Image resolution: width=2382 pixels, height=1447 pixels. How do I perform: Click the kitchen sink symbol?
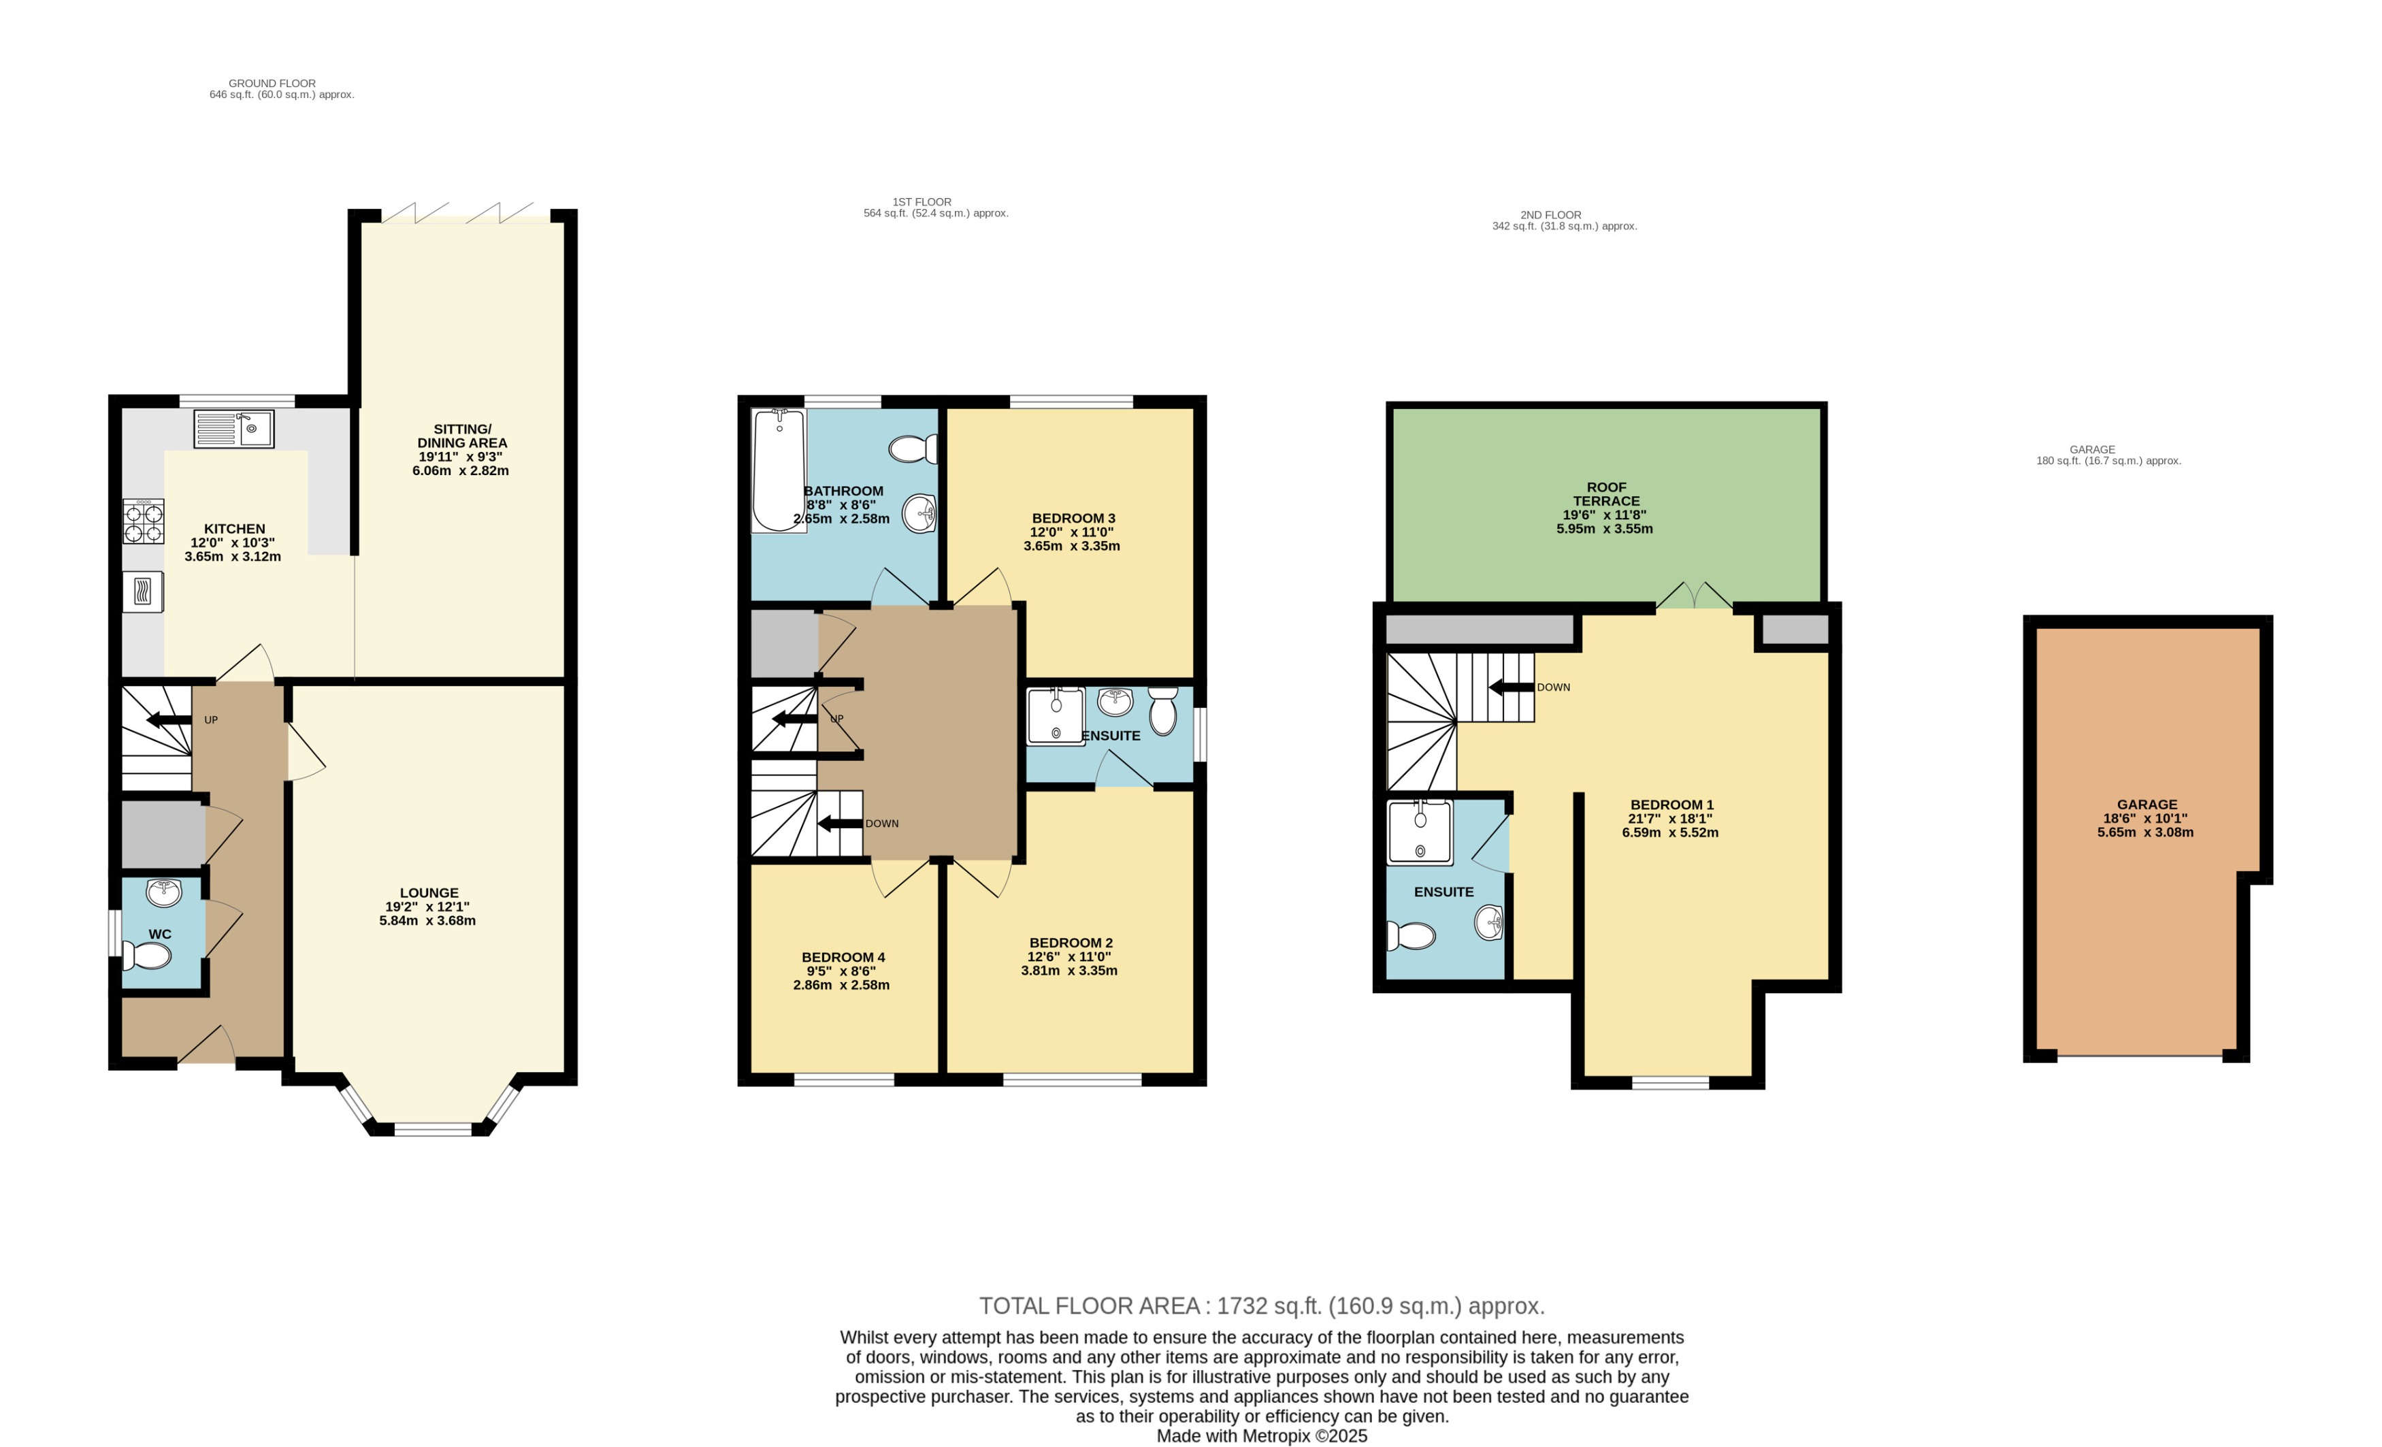click(234, 428)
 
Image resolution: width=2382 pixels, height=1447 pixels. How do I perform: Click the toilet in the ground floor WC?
click(148, 956)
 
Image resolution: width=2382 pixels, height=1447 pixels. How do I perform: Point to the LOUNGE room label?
click(429, 893)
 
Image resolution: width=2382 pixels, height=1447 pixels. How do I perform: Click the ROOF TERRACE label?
click(1605, 494)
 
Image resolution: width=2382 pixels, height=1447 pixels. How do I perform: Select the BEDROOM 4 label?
click(843, 957)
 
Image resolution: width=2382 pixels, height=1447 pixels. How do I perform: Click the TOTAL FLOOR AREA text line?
click(1262, 1306)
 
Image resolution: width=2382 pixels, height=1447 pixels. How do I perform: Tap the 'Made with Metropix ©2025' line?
click(1262, 1435)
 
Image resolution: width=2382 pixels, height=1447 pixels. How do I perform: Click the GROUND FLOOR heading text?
click(272, 83)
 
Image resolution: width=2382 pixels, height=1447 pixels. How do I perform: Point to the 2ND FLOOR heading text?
click(1550, 214)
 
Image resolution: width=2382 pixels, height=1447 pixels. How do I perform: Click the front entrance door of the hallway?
click(206, 1047)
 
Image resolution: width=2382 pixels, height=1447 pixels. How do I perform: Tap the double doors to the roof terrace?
click(1694, 596)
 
